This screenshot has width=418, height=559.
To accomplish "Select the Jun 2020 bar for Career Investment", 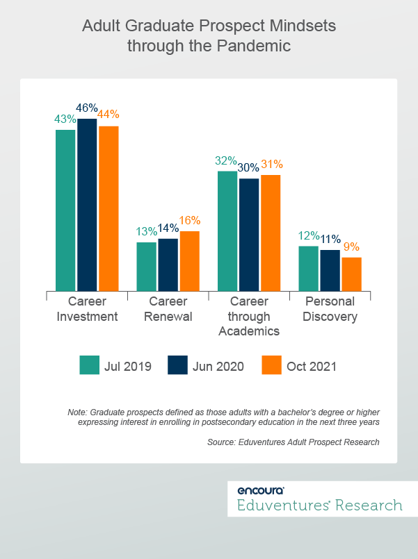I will (x=87, y=204).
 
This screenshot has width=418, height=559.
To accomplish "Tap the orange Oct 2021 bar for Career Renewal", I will (x=190, y=260).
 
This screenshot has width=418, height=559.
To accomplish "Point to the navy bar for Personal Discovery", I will (x=330, y=270).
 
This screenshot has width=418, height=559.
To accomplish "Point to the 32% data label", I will (x=227, y=161).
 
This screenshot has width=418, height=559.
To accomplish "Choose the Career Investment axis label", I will (x=87, y=309).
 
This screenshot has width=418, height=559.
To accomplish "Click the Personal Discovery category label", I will (x=330, y=309).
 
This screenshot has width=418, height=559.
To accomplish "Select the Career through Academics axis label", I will (x=249, y=316).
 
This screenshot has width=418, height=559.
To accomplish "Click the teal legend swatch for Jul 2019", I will (x=90, y=365).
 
